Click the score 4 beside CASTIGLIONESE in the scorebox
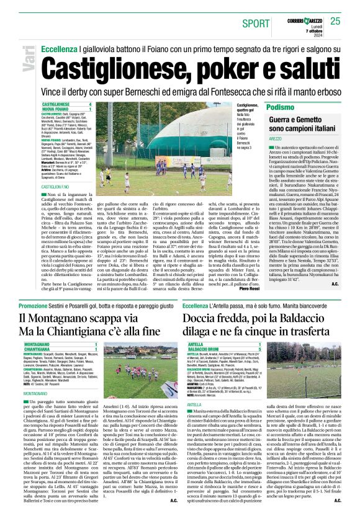tap(90, 104)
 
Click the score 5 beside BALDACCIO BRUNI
tap(259, 349)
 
